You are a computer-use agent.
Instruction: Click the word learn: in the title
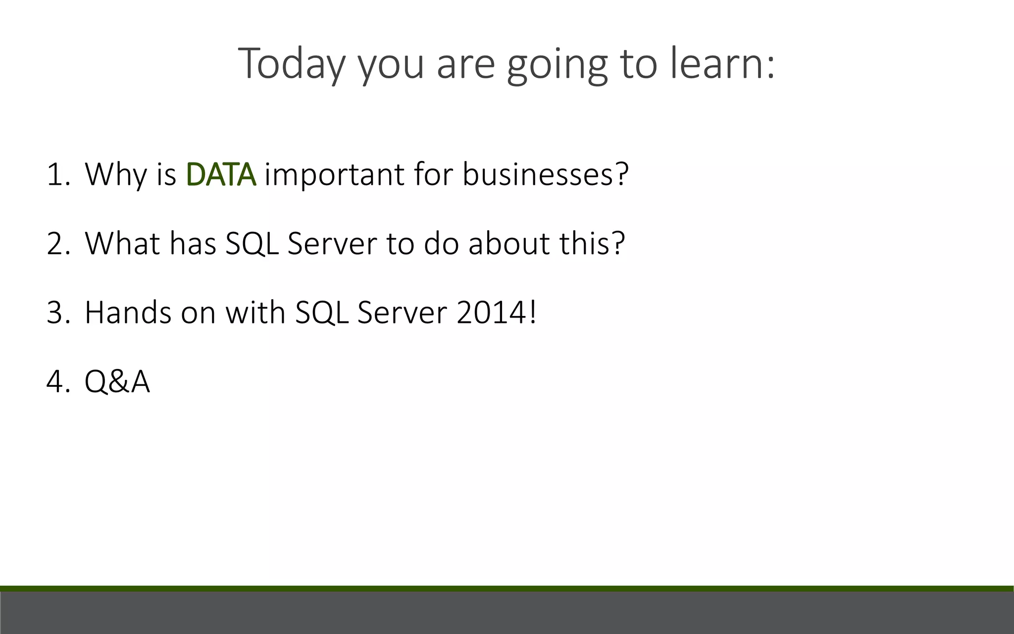point(722,63)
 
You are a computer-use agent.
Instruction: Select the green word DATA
point(221,174)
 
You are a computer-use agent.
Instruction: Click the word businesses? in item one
point(545,174)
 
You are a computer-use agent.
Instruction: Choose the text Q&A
point(117,382)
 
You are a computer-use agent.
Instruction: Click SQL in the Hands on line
point(322,313)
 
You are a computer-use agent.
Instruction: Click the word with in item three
point(255,313)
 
